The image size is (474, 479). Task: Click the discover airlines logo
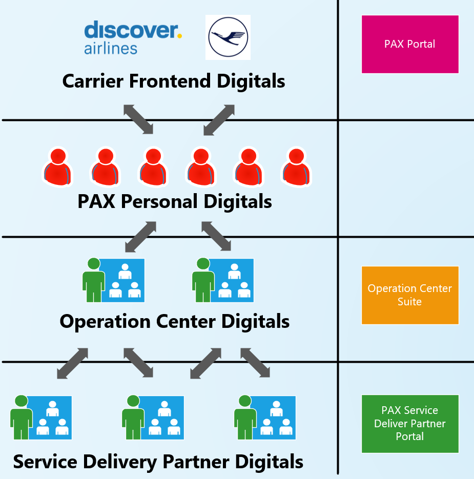click(133, 37)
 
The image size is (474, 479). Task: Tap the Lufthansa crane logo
click(228, 37)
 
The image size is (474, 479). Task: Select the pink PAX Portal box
click(410, 44)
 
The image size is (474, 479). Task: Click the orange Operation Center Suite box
click(410, 295)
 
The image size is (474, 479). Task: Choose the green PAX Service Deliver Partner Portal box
click(410, 424)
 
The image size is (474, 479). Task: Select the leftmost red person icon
click(57, 166)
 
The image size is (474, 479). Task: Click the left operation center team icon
click(114, 280)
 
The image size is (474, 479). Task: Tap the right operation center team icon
click(223, 280)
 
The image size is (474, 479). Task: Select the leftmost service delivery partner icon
click(41, 417)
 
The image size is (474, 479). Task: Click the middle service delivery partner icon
click(153, 417)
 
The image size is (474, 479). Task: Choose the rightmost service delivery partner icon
click(265, 417)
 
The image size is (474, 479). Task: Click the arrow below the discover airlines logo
click(138, 119)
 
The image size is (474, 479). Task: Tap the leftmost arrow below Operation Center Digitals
click(72, 364)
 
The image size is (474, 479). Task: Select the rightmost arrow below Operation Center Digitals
click(255, 363)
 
